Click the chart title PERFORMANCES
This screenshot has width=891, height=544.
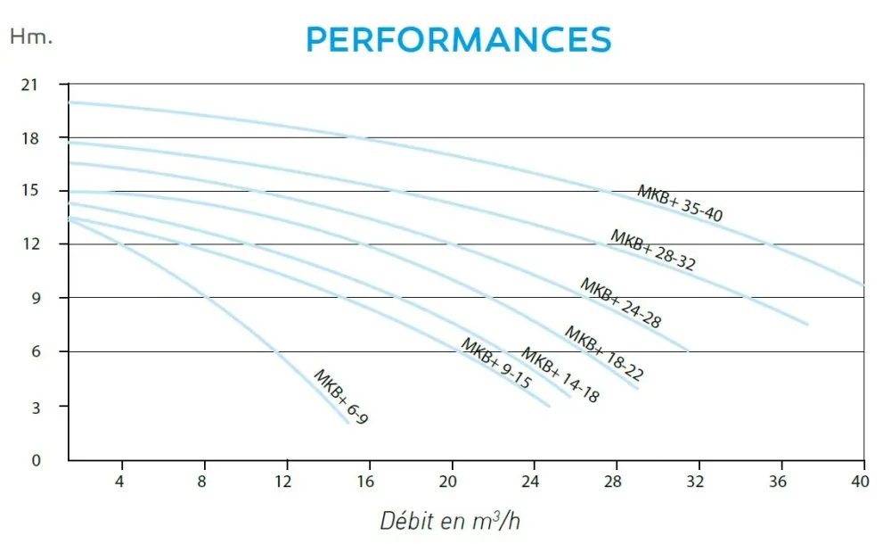459,39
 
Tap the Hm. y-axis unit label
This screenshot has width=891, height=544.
31,37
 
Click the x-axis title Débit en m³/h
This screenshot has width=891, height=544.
449,521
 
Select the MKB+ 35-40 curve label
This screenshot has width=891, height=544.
680,203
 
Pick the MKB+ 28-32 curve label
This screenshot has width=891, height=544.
653,250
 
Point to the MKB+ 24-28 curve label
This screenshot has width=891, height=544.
620,303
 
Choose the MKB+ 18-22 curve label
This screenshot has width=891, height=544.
604,353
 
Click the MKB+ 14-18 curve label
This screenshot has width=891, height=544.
560,375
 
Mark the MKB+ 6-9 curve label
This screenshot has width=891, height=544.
341,397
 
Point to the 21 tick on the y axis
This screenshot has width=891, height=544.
29,85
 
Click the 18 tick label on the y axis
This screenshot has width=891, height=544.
30,138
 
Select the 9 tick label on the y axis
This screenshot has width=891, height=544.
36,298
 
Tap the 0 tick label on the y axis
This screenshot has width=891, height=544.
36,460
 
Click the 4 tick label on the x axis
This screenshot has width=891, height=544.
119,482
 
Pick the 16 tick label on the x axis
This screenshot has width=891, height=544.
365,482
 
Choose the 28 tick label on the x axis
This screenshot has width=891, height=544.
613,482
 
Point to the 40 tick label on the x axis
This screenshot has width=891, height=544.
860,482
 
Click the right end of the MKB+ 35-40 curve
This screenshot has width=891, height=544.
863,285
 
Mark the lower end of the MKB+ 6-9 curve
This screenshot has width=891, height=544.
347,423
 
